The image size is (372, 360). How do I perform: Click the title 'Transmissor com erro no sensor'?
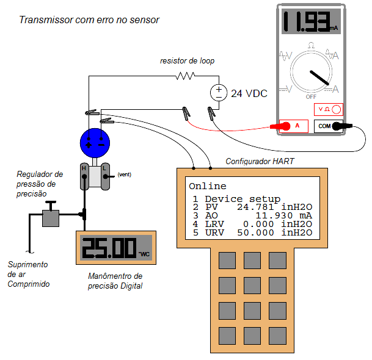click(x=89, y=20)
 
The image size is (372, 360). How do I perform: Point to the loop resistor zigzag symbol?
click(x=184, y=76)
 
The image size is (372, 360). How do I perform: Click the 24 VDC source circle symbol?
click(x=218, y=93)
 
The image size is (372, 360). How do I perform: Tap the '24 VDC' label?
click(x=249, y=93)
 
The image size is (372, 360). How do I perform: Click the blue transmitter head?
click(x=95, y=143)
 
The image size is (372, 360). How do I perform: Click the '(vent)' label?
click(x=125, y=175)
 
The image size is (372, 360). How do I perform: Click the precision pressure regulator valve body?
click(x=49, y=218)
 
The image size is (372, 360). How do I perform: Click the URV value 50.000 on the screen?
click(x=258, y=233)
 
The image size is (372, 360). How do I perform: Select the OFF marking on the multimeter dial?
click(x=310, y=96)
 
